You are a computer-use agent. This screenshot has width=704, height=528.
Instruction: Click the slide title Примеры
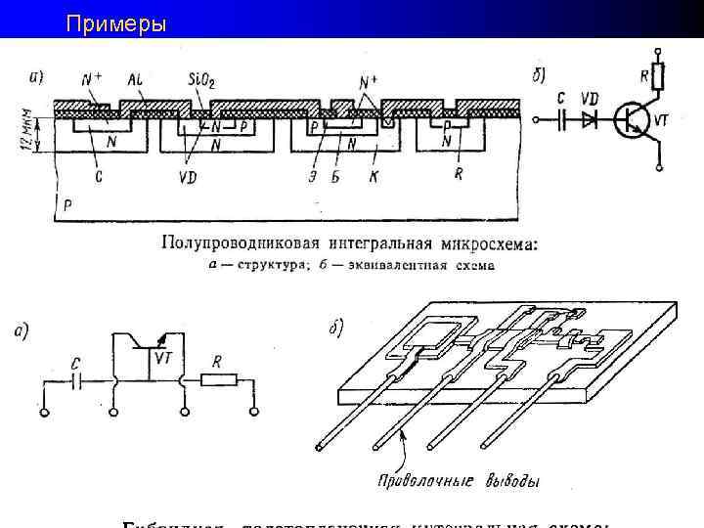[116, 22]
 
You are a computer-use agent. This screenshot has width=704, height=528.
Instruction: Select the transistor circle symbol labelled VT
[631, 120]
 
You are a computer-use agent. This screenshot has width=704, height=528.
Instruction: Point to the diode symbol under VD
[589, 119]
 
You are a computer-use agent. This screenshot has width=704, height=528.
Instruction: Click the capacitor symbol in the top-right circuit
[562, 119]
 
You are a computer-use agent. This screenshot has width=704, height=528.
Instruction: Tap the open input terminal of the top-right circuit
[535, 119]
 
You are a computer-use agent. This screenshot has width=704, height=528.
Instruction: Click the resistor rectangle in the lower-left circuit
[216, 381]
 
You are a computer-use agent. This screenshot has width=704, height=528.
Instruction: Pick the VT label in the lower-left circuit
[163, 358]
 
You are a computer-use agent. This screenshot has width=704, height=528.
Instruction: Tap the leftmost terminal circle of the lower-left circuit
[45, 413]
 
